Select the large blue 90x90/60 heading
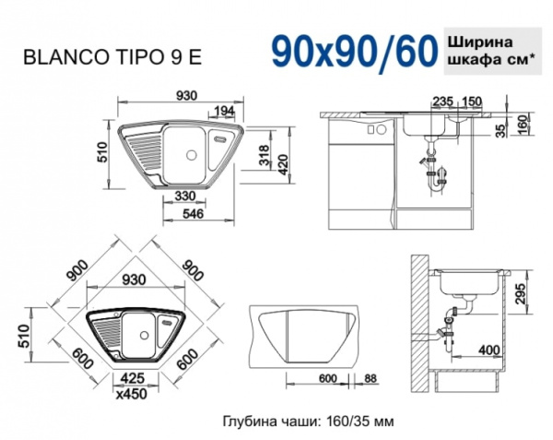(x=354, y=50)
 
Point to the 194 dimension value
(x=222, y=111)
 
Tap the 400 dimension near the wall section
(x=489, y=350)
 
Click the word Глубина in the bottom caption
(x=250, y=421)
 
